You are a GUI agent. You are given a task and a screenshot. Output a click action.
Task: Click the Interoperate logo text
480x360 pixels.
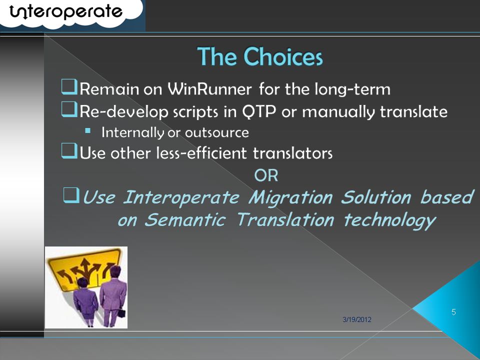66,12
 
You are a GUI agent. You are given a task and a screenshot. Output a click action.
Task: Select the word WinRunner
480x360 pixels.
209,89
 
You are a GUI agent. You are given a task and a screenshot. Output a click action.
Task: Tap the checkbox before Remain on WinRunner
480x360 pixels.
69,87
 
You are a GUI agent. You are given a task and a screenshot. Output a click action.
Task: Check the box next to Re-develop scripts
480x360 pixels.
69,109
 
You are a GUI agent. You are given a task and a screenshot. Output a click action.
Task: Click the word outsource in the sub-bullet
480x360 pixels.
216,132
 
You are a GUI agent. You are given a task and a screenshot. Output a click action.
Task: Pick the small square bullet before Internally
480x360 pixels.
88,131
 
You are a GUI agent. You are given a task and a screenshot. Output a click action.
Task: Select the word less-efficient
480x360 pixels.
201,153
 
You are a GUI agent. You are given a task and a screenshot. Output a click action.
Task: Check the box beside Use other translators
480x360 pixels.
69,151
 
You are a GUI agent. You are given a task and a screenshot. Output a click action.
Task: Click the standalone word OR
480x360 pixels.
266,175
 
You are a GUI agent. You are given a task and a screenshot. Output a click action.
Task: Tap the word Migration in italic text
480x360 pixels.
290,197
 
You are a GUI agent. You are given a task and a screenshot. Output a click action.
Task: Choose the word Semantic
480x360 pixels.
185,220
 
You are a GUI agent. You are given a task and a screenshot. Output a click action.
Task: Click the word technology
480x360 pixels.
389,220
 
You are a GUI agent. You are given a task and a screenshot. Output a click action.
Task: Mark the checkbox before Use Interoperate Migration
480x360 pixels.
71,195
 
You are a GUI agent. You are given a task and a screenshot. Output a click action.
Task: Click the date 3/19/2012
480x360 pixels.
357,319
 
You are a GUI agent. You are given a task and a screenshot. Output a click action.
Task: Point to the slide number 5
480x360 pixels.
453,312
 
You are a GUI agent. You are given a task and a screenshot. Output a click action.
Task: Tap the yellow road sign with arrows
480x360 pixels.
83,268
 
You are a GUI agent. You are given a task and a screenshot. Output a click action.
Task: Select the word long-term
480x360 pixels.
352,89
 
